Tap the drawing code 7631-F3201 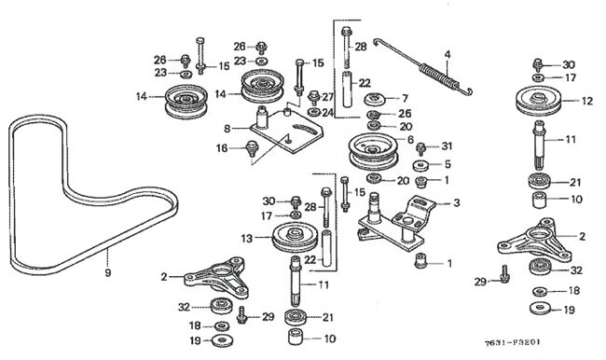click(x=513, y=342)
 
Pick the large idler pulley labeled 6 click(x=373, y=151)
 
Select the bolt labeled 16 click(x=252, y=148)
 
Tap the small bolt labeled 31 click(x=420, y=148)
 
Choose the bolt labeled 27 click(x=314, y=97)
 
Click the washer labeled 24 click(x=313, y=113)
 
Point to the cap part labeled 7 click(x=376, y=99)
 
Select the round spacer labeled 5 click(x=421, y=165)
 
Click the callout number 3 click(x=457, y=202)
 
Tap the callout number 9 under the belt click(x=108, y=272)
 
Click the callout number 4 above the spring click(x=448, y=54)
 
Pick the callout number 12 click(x=587, y=101)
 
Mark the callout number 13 click(x=246, y=239)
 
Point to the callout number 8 click(x=227, y=129)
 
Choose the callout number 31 click(x=447, y=145)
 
